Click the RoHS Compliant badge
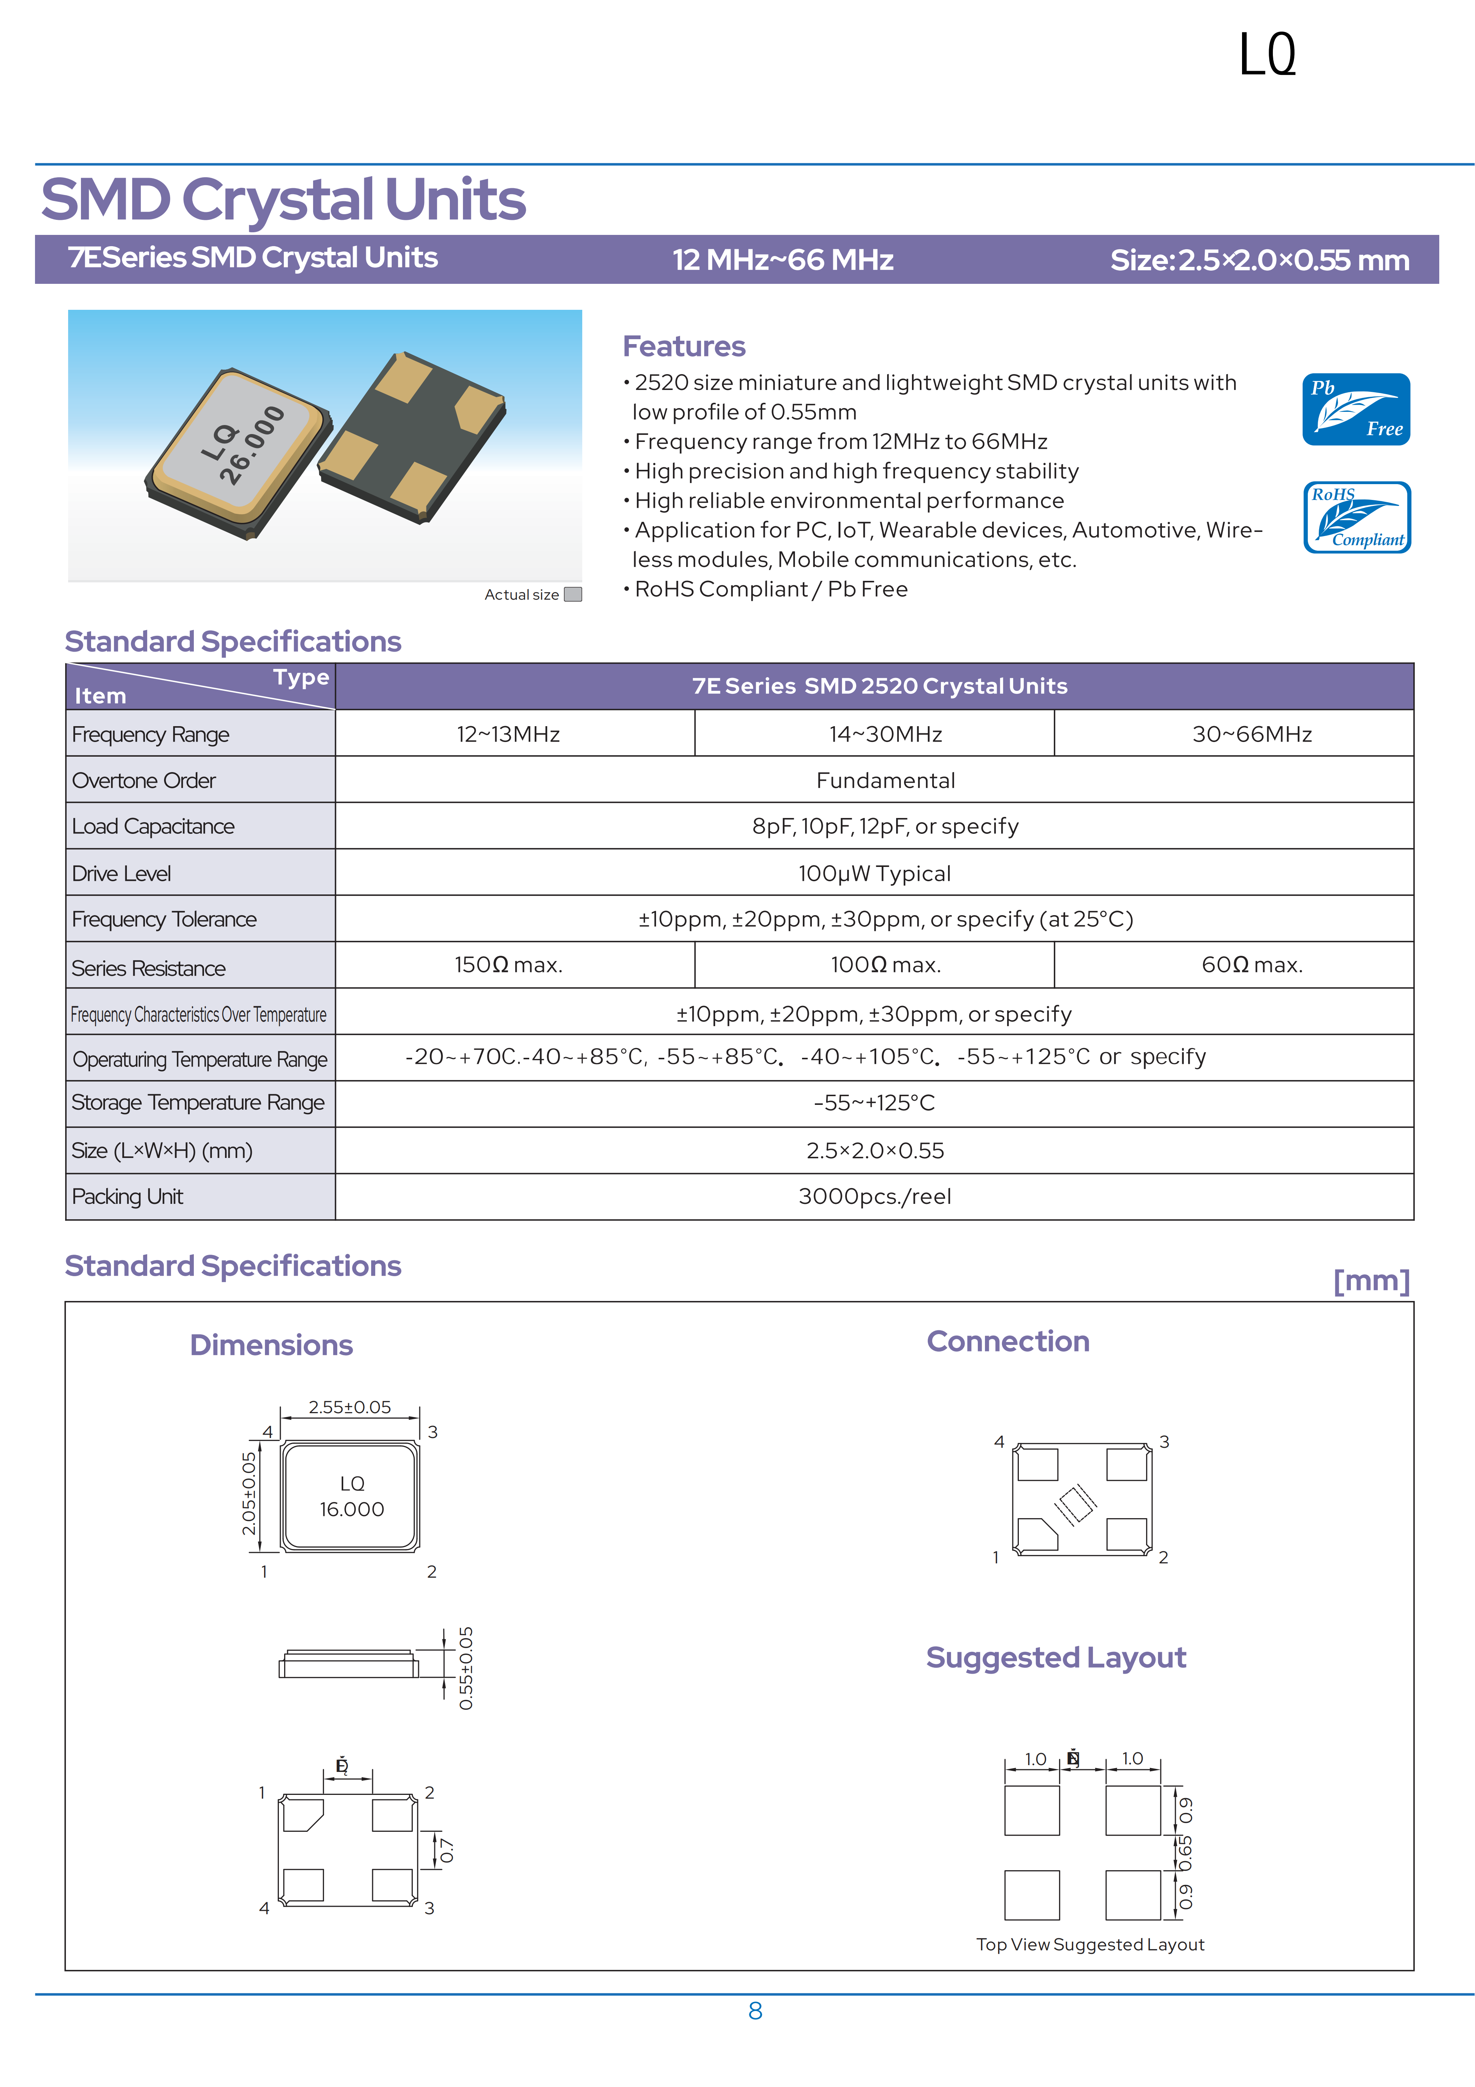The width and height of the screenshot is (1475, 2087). coord(1356,517)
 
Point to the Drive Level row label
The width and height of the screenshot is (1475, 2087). coord(122,873)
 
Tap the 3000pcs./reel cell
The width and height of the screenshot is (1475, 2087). coord(874,1196)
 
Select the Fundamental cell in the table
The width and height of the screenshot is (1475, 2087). coord(885,780)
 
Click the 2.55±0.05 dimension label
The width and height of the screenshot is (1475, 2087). coord(350,1407)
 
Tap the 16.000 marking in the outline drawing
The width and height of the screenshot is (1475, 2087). coord(352,1509)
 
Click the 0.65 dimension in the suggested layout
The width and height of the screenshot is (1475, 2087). coord(1185,1852)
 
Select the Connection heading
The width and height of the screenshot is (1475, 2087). coord(1008,1342)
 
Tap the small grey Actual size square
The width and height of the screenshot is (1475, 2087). coord(572,594)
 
